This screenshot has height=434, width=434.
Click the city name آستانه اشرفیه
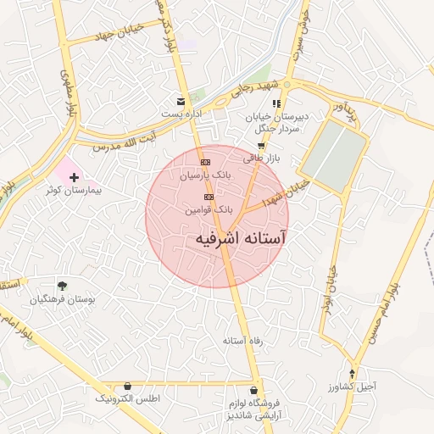pos(240,239)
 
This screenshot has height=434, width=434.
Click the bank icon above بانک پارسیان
pos(204,162)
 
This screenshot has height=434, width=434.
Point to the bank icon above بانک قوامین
pos(209,197)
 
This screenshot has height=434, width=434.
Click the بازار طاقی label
pos(261,158)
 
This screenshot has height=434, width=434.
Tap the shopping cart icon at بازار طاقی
pos(260,145)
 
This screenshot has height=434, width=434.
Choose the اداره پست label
pos(181,114)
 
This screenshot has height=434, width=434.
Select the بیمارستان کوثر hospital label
pos(75,191)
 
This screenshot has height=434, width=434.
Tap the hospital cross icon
pos(75,178)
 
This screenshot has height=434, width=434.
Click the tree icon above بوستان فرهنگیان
pos(62,286)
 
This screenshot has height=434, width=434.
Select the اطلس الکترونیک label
pos(127,398)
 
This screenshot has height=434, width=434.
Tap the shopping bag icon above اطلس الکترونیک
pos(127,386)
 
